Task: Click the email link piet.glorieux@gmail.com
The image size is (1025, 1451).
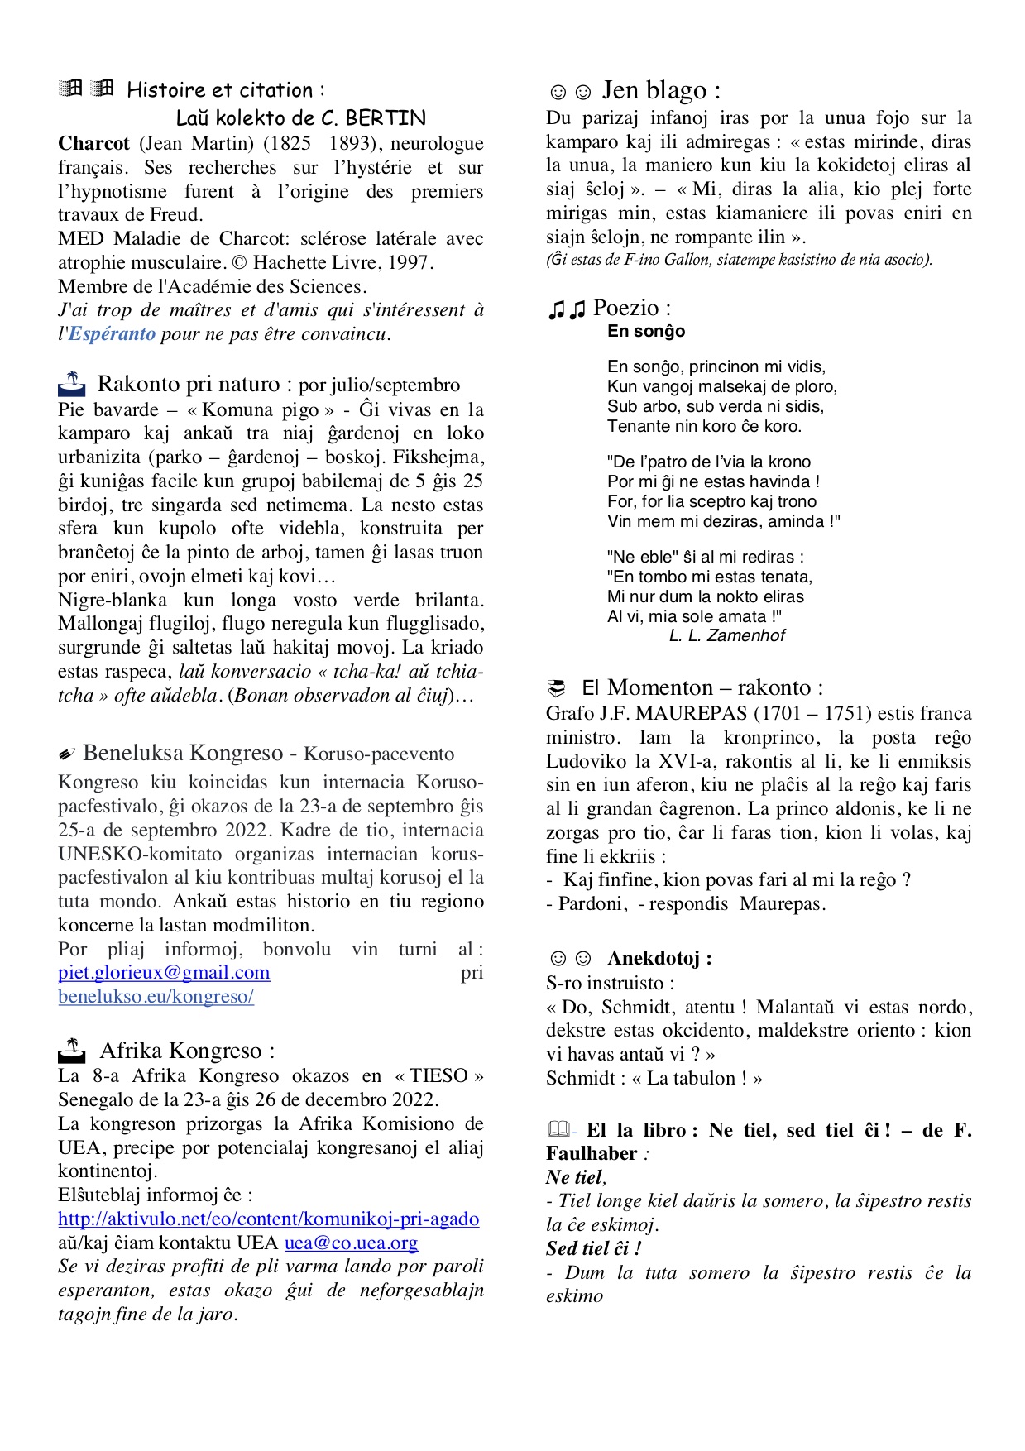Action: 164,973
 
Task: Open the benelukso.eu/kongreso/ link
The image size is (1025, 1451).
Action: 156,997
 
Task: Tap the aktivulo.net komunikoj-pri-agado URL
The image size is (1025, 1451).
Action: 268,1219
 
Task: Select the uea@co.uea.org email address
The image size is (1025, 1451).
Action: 351,1243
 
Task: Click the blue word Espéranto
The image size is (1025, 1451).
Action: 112,334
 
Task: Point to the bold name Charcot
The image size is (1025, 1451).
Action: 93,143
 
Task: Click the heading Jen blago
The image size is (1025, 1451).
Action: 660,90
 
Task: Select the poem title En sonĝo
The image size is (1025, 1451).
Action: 646,332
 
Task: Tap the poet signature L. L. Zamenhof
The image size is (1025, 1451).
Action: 726,635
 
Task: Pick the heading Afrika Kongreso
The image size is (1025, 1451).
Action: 186,1051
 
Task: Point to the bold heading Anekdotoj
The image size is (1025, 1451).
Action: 659,959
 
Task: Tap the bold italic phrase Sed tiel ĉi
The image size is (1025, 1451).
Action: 592,1248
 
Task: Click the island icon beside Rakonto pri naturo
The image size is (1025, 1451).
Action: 72,384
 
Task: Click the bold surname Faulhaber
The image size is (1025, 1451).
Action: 592,1154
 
